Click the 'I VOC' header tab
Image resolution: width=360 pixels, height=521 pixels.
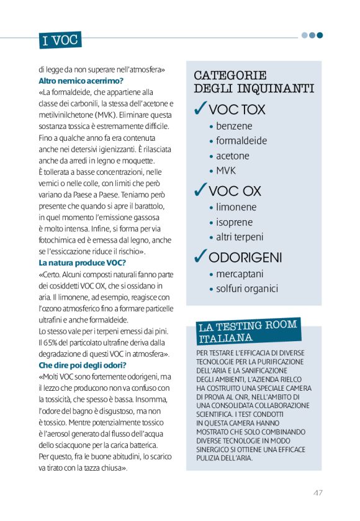[60, 41]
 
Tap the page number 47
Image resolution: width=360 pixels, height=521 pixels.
[317, 492]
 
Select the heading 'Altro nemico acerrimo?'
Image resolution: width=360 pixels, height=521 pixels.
[81, 81]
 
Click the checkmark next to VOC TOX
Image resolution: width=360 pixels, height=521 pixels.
[200, 109]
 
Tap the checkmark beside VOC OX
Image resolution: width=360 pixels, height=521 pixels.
[200, 190]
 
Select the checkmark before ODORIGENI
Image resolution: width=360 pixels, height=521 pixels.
[200, 256]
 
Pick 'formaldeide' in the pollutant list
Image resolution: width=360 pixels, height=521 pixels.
[241, 141]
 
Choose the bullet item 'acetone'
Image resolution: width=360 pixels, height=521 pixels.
[233, 156]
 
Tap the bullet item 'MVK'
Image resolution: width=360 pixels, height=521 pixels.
[226, 171]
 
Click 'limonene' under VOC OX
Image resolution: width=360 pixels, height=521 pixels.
[236, 207]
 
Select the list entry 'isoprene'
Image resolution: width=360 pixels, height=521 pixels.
[235, 222]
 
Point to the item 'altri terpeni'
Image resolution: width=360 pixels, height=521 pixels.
[240, 237]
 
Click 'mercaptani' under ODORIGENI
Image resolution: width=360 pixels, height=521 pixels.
[240, 274]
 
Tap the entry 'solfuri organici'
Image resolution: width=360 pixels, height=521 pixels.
[247, 288]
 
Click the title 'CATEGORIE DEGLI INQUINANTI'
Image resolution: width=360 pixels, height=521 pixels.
[253, 82]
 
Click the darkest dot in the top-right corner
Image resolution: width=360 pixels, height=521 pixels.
[320, 35]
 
